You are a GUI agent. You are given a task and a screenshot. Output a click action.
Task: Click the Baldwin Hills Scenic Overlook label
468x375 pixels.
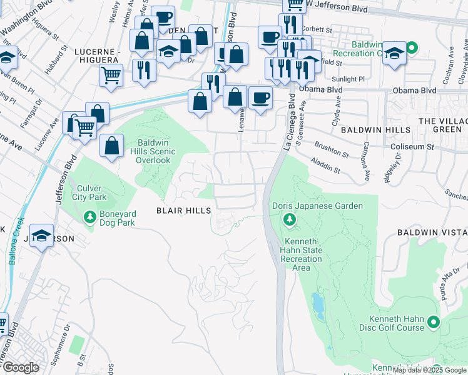pos(154,151)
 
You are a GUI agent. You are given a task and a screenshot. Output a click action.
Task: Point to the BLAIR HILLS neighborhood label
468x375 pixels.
pos(183,211)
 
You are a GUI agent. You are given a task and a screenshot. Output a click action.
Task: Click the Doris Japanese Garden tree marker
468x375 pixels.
pos(289,219)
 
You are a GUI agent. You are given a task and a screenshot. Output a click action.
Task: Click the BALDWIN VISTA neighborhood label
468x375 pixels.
pos(432,232)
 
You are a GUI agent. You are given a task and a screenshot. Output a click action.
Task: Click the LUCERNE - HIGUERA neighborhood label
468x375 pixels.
pos(96,55)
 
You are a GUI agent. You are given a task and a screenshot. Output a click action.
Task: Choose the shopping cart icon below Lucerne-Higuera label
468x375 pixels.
pos(111,76)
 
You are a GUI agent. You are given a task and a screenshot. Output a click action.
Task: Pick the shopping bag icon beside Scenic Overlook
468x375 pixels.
pos(111,146)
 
